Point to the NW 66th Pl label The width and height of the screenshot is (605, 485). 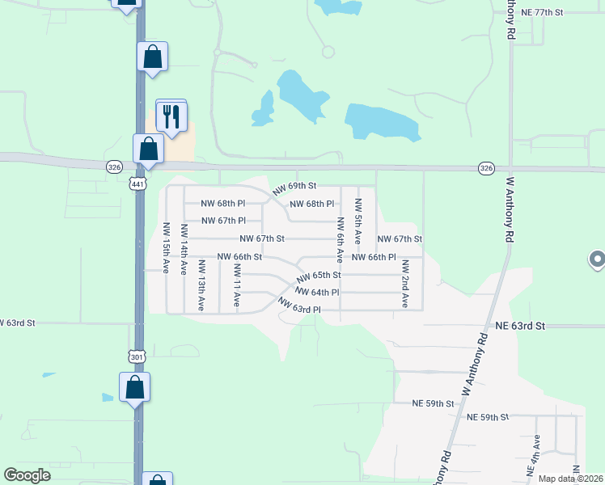click(x=374, y=257)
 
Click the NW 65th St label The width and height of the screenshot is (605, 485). click(x=318, y=276)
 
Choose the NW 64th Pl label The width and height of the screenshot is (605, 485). click(x=317, y=292)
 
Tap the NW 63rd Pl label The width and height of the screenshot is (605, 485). click(x=299, y=306)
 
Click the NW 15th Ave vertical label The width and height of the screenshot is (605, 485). click(x=165, y=248)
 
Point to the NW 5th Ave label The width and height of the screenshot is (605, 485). click(x=357, y=220)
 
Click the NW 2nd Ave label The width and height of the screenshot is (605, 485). click(x=405, y=283)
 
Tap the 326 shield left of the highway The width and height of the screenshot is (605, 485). click(x=113, y=166)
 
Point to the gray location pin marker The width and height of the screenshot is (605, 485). click(x=597, y=259)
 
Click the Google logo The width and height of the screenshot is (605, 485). click(x=27, y=475)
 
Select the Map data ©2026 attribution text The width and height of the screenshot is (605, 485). click(x=570, y=479)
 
